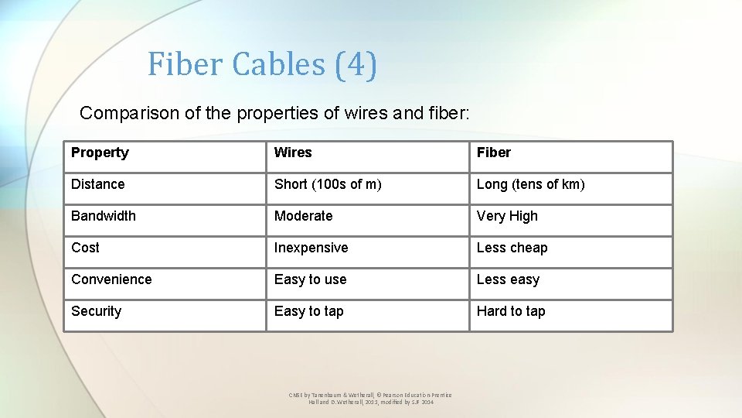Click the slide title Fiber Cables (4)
(x=262, y=64)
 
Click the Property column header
(x=100, y=152)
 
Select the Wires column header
(x=293, y=152)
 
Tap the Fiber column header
(x=493, y=152)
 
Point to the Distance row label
(x=97, y=184)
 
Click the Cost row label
(x=85, y=248)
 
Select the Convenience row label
(x=111, y=279)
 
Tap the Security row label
(x=96, y=311)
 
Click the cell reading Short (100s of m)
(x=328, y=184)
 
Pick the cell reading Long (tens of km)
(x=530, y=184)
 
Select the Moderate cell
(x=303, y=216)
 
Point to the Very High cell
(x=507, y=216)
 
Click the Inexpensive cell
(x=311, y=248)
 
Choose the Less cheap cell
(x=512, y=248)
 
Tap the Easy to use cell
(x=310, y=279)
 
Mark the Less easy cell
(x=508, y=279)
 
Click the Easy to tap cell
(x=308, y=311)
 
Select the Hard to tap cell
(x=511, y=311)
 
